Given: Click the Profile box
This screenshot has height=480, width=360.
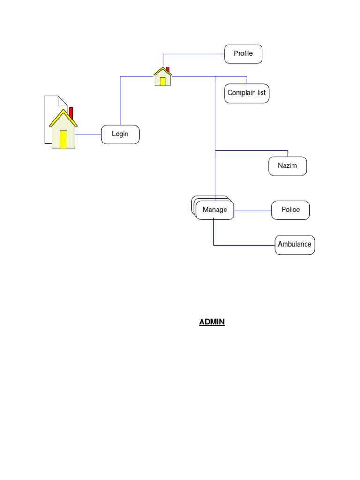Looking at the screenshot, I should pyautogui.click(x=243, y=54).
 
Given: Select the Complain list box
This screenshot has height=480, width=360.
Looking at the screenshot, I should pyautogui.click(x=247, y=93).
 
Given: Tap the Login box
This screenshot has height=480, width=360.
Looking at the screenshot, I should pyautogui.click(x=120, y=135).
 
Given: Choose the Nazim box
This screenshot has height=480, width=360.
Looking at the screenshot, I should pyautogui.click(x=287, y=166).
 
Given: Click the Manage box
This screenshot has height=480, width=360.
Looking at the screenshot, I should pyautogui.click(x=215, y=210).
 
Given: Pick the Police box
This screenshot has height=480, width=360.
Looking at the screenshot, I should pyautogui.click(x=291, y=210).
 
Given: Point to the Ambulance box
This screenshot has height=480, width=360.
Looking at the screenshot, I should pyautogui.click(x=294, y=245).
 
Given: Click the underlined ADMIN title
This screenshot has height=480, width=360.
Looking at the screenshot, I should pyautogui.click(x=212, y=322).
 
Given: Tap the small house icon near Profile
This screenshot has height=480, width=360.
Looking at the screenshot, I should pyautogui.click(x=163, y=77).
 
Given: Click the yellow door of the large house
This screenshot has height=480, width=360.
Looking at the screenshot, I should pyautogui.click(x=63, y=140).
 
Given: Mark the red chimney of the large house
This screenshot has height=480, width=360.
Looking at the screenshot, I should pyautogui.click(x=71, y=112).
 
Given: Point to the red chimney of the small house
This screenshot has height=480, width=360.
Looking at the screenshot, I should pyautogui.click(x=168, y=69).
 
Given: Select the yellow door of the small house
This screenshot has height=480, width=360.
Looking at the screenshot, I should pyautogui.click(x=163, y=82).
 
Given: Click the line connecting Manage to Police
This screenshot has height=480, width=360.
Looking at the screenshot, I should pyautogui.click(x=253, y=210).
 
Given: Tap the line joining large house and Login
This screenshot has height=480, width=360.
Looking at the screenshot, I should pyautogui.click(x=89, y=135).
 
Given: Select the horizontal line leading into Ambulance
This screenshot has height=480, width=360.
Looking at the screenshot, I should pyautogui.click(x=244, y=245).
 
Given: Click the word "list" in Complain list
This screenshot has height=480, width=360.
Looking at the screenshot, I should pyautogui.click(x=261, y=93).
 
